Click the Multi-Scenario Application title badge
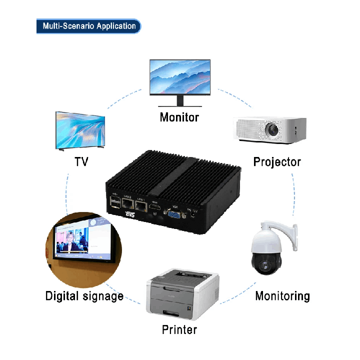(x=88, y=26)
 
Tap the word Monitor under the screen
(x=179, y=117)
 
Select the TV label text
(x=81, y=162)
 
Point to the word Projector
(x=277, y=162)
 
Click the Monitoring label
(x=282, y=295)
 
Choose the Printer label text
(x=179, y=330)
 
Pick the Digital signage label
(x=84, y=295)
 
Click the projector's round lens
(x=273, y=129)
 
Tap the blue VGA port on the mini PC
(x=175, y=214)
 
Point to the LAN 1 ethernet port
(x=141, y=205)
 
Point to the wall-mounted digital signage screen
(x=82, y=239)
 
